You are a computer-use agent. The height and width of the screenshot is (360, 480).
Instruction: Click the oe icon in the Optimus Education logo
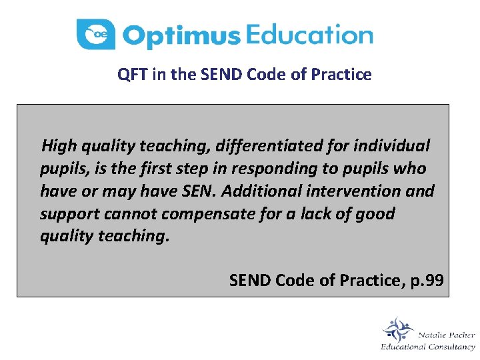click(x=96, y=34)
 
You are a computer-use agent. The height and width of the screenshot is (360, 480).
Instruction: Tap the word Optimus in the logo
click(x=181, y=36)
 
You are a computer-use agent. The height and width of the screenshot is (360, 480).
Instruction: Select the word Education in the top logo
click(x=309, y=34)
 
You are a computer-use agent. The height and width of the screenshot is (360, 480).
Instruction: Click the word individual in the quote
click(x=394, y=145)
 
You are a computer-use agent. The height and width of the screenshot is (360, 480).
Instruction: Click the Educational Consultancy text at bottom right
click(x=427, y=347)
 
